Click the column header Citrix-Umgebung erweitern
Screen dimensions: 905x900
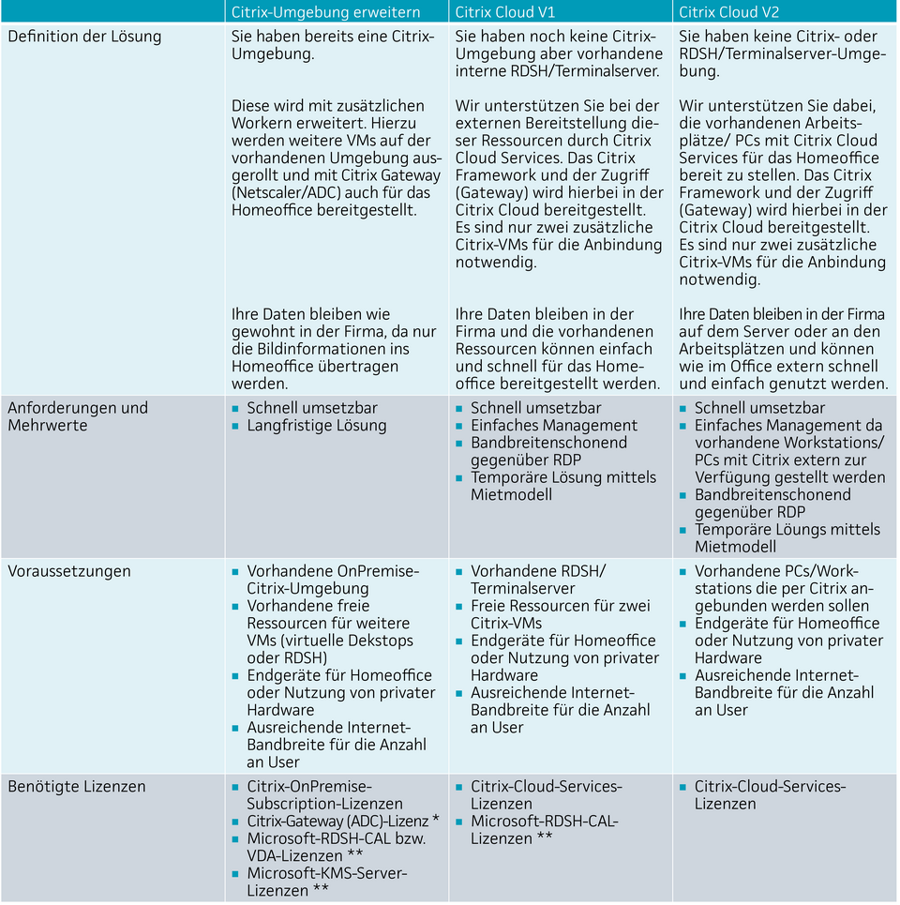point(325,12)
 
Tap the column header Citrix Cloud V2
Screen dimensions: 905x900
point(728,12)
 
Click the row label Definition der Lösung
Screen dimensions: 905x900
point(84,37)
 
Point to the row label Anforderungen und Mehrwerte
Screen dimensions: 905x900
point(78,416)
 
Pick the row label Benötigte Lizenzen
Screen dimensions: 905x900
point(77,786)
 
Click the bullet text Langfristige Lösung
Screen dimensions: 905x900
point(316,425)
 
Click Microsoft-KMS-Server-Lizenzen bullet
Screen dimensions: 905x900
point(326,881)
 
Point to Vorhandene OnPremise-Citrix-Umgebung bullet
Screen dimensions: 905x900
point(332,580)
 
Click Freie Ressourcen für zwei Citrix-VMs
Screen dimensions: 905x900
point(560,614)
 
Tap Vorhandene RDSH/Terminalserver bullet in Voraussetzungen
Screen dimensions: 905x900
point(537,580)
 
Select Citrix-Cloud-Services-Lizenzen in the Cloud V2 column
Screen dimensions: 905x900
point(770,794)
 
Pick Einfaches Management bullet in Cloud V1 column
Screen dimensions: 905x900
point(553,425)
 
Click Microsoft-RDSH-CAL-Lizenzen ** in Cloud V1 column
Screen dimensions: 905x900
point(544,829)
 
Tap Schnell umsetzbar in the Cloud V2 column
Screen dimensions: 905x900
point(759,408)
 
